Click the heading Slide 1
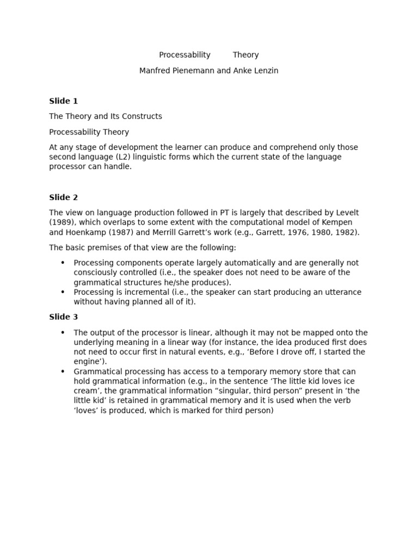tap(63, 101)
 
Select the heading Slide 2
tap(63, 197)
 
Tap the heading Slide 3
tap(63, 317)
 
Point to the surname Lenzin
tap(264, 71)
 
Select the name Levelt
tap(346, 213)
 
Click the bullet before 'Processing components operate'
tap(63, 263)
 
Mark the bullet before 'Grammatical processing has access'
tap(63, 371)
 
